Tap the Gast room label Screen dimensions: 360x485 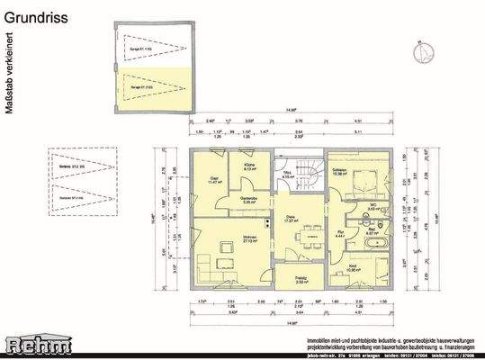[x=215, y=179]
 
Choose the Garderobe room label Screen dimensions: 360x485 [x=250, y=201]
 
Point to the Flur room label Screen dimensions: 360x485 [x=341, y=231]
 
